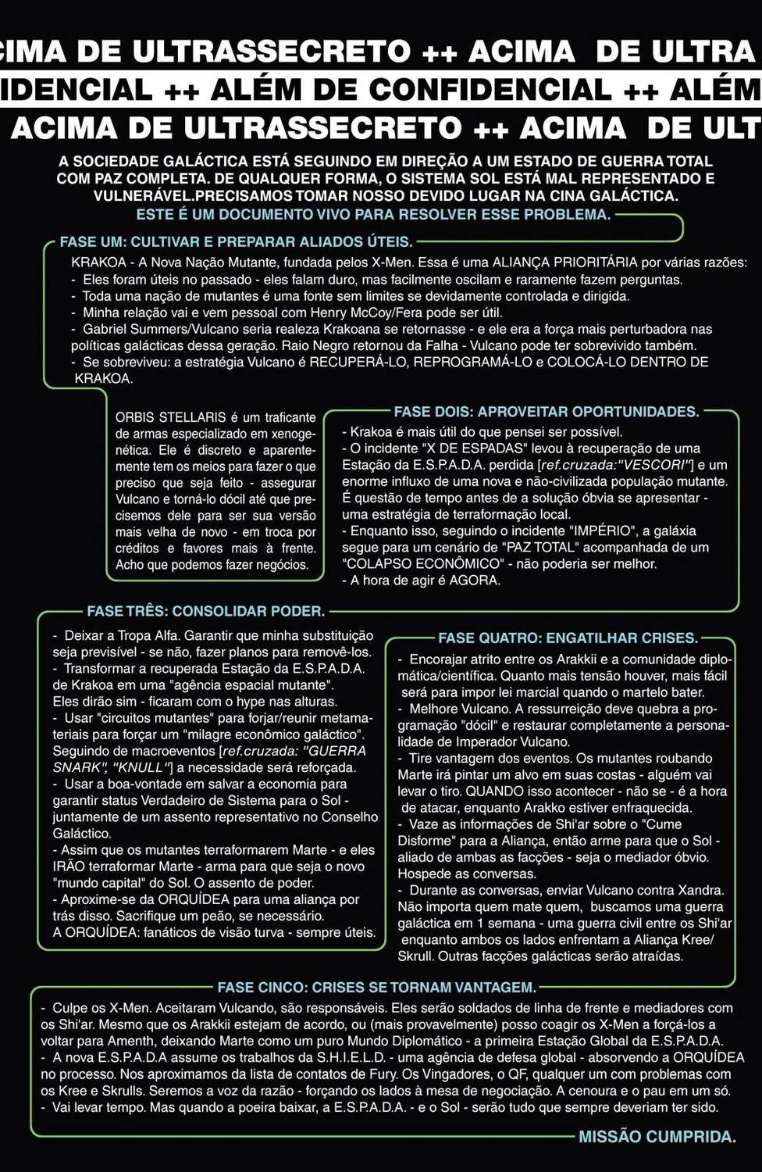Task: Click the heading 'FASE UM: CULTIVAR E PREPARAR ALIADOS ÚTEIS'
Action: click(x=236, y=242)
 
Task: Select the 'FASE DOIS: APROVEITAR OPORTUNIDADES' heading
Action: click(x=546, y=412)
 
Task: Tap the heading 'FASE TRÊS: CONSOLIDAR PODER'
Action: click(x=205, y=611)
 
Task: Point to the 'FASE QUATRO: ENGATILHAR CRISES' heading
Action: click(x=568, y=638)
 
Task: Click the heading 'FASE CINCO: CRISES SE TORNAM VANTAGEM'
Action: click(x=376, y=988)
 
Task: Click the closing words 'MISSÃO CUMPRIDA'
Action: click(x=657, y=1137)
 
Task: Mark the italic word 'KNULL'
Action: click(x=141, y=767)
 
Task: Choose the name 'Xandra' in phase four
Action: click(x=700, y=890)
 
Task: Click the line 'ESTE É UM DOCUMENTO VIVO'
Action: click(x=373, y=214)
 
